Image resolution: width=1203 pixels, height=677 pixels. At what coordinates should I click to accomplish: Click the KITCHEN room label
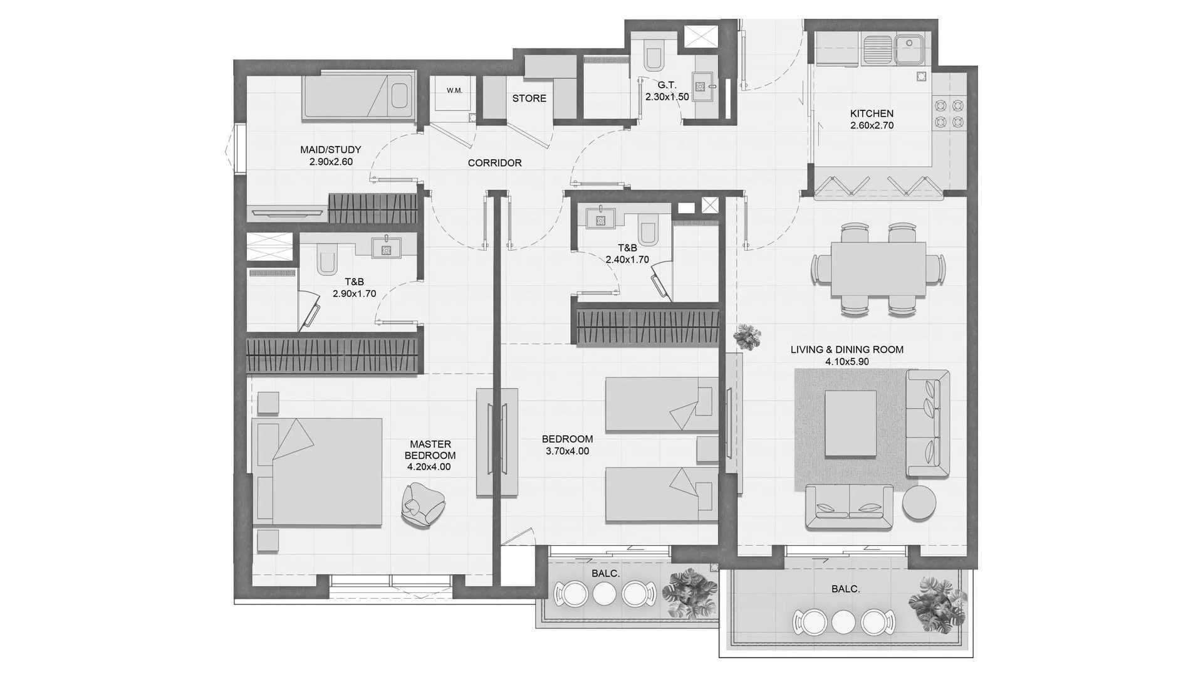(x=872, y=113)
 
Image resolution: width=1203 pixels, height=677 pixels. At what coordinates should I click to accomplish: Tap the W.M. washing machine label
(x=454, y=90)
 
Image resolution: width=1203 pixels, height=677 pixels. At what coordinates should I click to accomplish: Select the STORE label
(x=529, y=98)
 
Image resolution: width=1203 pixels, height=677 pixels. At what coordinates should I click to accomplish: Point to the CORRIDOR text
(x=494, y=163)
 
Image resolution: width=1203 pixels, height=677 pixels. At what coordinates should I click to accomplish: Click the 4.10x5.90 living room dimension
(x=847, y=362)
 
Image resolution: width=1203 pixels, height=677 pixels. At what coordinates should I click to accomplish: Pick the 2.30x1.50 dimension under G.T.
(x=667, y=97)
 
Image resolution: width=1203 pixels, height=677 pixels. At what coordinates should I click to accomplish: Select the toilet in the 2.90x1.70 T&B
(x=328, y=260)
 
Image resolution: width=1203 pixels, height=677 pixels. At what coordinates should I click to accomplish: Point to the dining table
(x=878, y=269)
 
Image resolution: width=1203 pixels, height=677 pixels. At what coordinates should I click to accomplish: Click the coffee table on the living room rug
(x=850, y=424)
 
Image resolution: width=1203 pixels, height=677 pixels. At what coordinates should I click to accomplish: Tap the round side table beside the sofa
(x=919, y=502)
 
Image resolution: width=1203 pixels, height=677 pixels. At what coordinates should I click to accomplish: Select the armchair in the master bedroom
(x=423, y=505)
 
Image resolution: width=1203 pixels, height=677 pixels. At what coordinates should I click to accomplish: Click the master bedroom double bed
(x=317, y=471)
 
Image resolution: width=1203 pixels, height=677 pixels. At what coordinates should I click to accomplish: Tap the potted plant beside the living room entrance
(x=746, y=337)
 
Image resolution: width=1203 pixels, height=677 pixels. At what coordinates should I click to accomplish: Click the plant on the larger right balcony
(x=933, y=603)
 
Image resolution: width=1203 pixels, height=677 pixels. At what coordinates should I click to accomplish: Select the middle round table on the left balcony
(x=605, y=594)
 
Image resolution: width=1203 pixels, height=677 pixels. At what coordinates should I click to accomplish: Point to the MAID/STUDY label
(x=331, y=150)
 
